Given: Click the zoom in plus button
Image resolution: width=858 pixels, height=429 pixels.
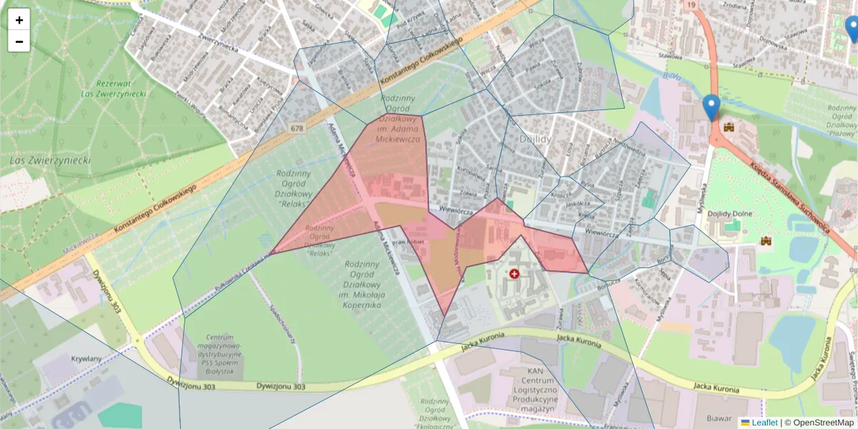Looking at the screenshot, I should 19,19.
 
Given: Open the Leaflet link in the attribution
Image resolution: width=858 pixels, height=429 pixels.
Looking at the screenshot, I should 764,423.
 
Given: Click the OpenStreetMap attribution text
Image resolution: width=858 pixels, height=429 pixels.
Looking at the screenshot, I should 822,423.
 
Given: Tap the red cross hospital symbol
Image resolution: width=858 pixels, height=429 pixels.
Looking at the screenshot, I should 514,273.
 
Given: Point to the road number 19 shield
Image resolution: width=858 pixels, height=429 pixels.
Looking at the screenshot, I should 690,5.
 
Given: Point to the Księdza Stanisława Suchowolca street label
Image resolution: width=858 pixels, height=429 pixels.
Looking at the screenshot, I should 787,198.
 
